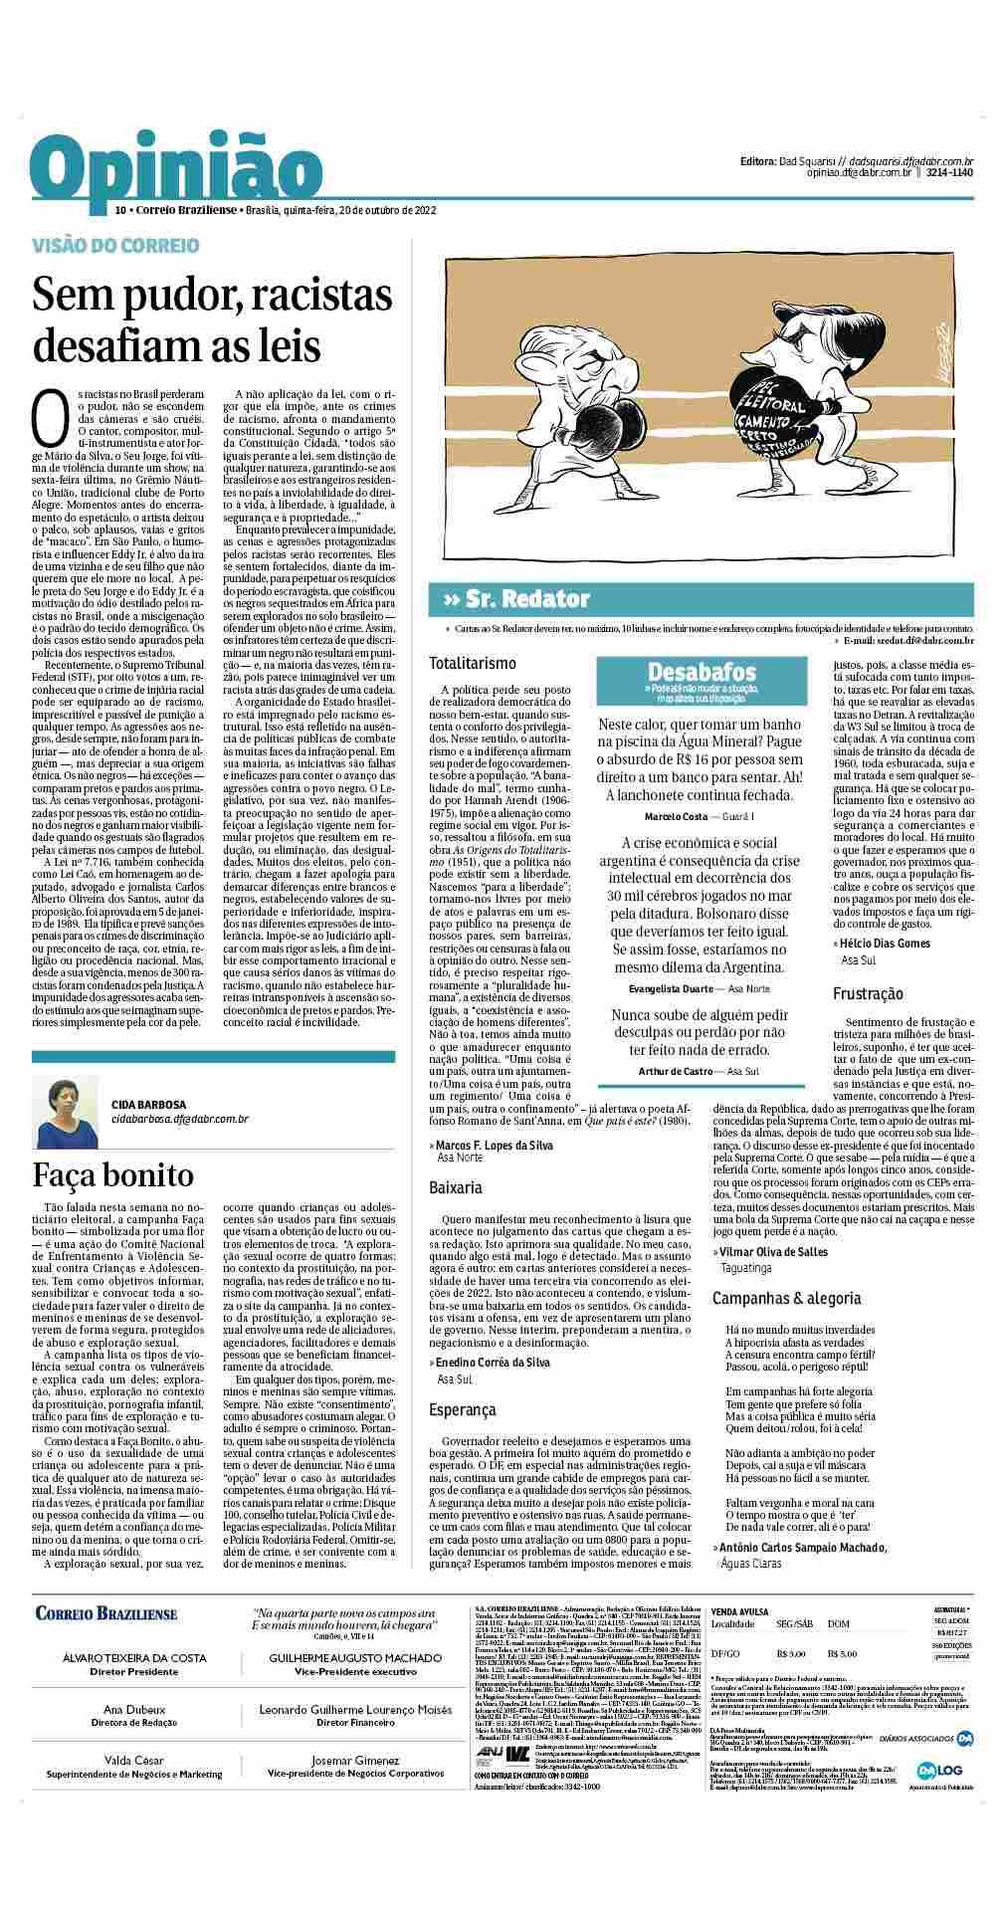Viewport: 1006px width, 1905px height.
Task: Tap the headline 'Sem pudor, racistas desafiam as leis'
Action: pyautogui.click(x=212, y=321)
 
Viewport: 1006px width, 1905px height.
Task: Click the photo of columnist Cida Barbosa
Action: pyautogui.click(x=67, y=1110)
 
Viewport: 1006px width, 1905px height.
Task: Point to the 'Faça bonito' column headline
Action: pyautogui.click(x=113, y=1175)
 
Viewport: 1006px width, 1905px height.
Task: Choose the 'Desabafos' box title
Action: pyautogui.click(x=702, y=672)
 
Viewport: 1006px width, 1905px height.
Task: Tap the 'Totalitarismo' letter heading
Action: pyautogui.click(x=473, y=663)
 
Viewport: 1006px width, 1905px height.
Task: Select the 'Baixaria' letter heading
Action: pyautogui.click(x=456, y=1187)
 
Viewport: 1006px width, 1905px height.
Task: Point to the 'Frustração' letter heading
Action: pyautogui.click(x=869, y=993)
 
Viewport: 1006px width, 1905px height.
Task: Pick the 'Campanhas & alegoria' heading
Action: pyautogui.click(x=786, y=1298)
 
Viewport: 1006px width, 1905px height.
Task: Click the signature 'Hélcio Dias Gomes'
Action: pyautogui.click(x=885, y=943)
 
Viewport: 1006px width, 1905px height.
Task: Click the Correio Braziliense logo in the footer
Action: pyautogui.click(x=106, y=1613)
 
